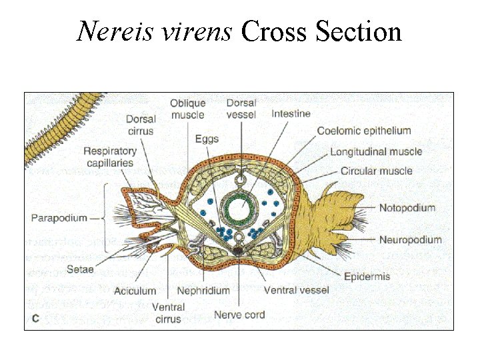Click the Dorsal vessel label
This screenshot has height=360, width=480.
click(241, 109)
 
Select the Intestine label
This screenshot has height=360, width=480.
click(291, 114)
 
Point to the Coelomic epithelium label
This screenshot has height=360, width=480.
click(364, 131)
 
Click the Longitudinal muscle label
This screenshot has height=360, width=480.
click(376, 152)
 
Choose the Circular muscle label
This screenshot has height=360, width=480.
click(376, 171)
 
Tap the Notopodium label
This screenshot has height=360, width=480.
click(407, 208)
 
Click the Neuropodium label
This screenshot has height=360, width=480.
click(410, 240)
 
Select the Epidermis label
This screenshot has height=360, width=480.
click(367, 276)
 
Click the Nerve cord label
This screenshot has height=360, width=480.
click(239, 315)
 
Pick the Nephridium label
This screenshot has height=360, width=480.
click(203, 291)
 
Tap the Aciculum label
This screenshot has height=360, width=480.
click(135, 291)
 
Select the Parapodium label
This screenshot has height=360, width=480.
click(59, 218)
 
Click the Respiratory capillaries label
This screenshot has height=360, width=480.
click(109, 157)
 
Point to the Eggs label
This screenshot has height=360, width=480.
click(207, 139)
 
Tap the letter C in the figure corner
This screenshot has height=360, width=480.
click(35, 319)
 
